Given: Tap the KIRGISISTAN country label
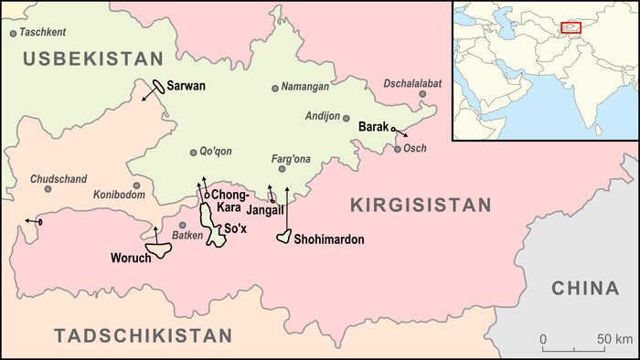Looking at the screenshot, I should pyautogui.click(x=421, y=206).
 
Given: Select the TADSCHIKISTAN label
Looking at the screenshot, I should pyautogui.click(x=133, y=335).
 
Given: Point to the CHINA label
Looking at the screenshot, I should pyautogui.click(x=585, y=289).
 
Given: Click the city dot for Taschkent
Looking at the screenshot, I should pyautogui.click(x=13, y=33).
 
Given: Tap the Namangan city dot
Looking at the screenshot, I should pyautogui.click(x=274, y=89).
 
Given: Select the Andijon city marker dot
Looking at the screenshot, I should pyautogui.click(x=346, y=117).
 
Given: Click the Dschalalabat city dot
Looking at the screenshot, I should pyautogui.click(x=422, y=94).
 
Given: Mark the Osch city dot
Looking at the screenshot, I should pyautogui.click(x=398, y=149).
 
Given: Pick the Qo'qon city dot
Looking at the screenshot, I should pyautogui.click(x=192, y=153).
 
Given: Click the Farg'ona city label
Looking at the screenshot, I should pyautogui.click(x=292, y=159).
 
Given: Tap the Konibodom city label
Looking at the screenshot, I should pyautogui.click(x=119, y=196).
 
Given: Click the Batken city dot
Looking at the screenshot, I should pyautogui.click(x=182, y=225).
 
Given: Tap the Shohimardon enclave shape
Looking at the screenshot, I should pyautogui.click(x=284, y=237).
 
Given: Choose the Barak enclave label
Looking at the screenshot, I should pyautogui.click(x=374, y=127).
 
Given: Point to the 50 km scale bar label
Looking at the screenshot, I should pyautogui.click(x=614, y=340).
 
